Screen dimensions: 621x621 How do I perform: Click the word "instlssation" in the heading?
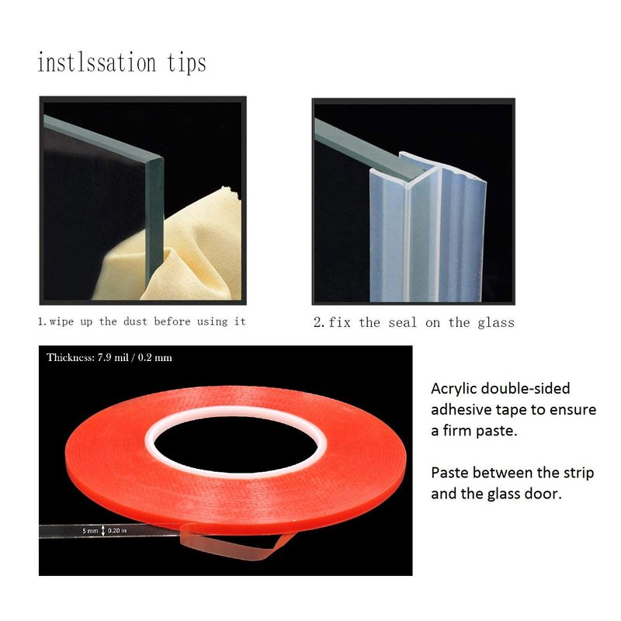click(97, 63)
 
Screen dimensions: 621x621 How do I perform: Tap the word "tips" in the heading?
click(186, 64)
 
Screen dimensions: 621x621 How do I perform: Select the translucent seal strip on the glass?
click(428, 230)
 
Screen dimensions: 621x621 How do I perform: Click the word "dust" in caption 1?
click(135, 321)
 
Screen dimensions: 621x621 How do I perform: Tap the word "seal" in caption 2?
click(402, 323)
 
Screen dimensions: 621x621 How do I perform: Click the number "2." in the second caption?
click(319, 322)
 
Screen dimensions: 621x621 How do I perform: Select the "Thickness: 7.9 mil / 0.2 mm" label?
click(109, 358)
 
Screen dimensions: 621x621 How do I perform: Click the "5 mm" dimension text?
click(90, 531)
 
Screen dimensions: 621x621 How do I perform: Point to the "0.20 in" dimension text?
click(117, 530)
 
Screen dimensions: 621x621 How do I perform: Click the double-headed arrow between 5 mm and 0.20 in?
click(103, 531)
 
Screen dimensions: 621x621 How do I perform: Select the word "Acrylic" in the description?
click(454, 390)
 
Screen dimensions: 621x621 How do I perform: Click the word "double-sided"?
click(526, 389)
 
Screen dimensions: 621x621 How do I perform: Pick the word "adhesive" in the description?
click(456, 410)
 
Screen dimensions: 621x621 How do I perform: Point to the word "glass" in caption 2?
click(496, 323)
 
